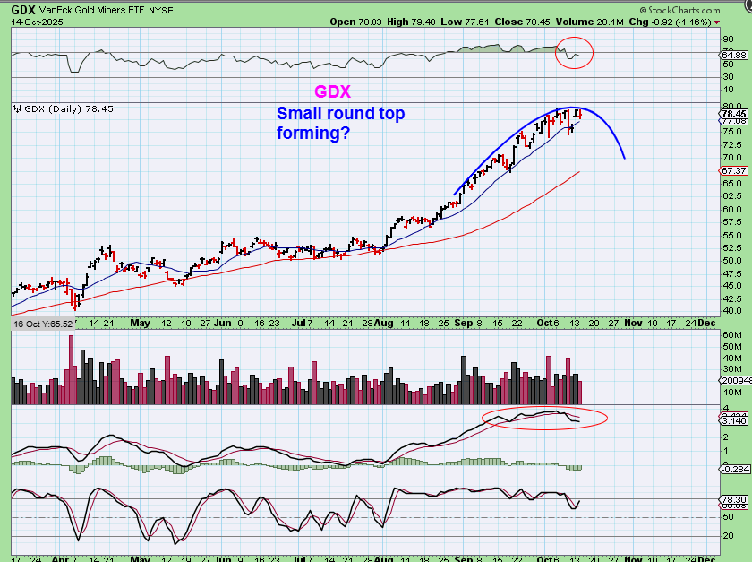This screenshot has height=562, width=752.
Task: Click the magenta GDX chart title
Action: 331,92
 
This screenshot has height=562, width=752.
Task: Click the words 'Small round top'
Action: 341,114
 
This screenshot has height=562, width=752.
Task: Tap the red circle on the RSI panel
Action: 574,53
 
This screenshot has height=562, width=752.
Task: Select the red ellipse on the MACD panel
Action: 544,418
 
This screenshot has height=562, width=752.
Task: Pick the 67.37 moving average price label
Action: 734,170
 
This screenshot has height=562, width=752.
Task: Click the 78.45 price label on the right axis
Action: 734,115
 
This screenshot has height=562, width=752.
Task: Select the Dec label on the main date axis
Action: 707,321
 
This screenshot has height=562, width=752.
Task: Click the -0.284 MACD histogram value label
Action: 734,468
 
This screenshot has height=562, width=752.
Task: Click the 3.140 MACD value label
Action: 734,420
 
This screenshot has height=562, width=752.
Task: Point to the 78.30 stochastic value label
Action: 734,499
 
